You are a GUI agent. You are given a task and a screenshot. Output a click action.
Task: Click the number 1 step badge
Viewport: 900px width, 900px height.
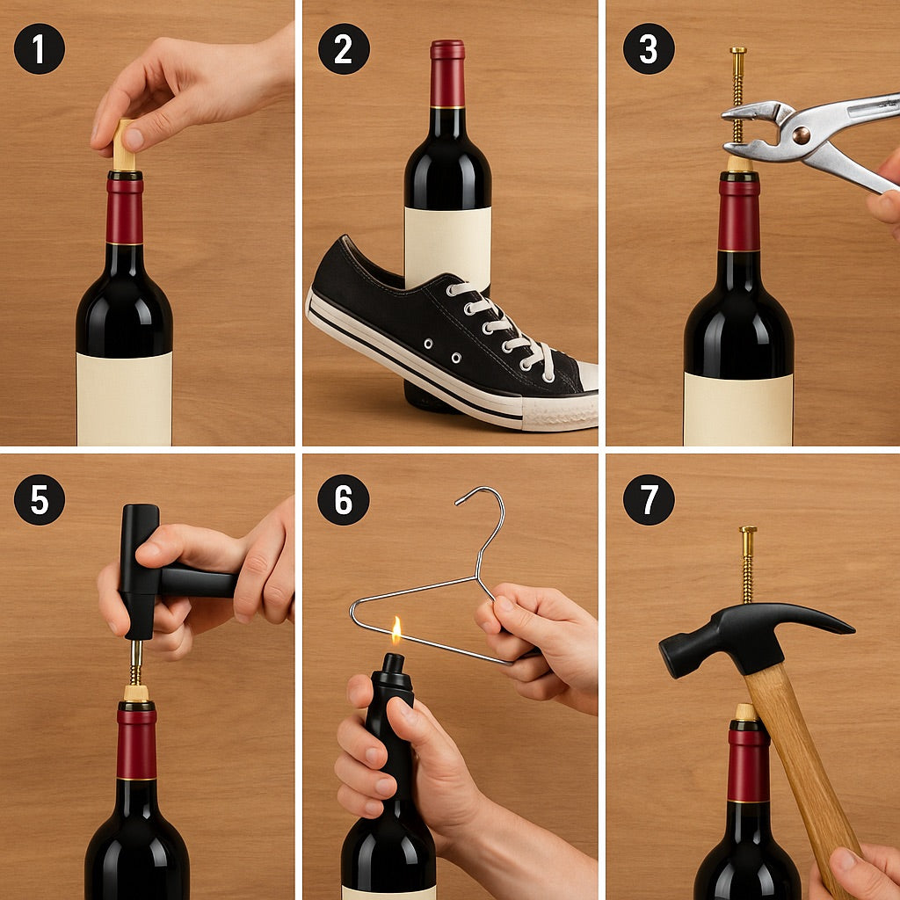tap(40, 48)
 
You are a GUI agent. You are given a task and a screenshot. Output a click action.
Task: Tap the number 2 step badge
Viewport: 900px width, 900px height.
tap(344, 48)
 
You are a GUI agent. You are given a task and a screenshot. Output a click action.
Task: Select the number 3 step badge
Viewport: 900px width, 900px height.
tap(649, 48)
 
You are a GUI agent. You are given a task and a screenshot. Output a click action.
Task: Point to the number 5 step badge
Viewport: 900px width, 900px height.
tap(40, 499)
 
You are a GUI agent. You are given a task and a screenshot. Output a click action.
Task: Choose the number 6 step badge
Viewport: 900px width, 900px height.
tap(344, 499)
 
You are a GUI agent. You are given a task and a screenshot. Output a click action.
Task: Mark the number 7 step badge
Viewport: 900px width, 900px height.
tap(649, 499)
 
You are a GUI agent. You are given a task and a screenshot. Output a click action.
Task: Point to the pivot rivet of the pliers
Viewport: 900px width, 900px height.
tap(802, 134)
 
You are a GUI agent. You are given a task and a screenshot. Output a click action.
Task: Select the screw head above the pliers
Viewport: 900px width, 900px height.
tap(738, 52)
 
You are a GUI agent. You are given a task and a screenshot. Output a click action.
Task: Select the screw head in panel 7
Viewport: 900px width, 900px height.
tap(748, 531)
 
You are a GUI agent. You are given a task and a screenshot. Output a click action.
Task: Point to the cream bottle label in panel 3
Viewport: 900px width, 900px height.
tap(738, 409)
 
